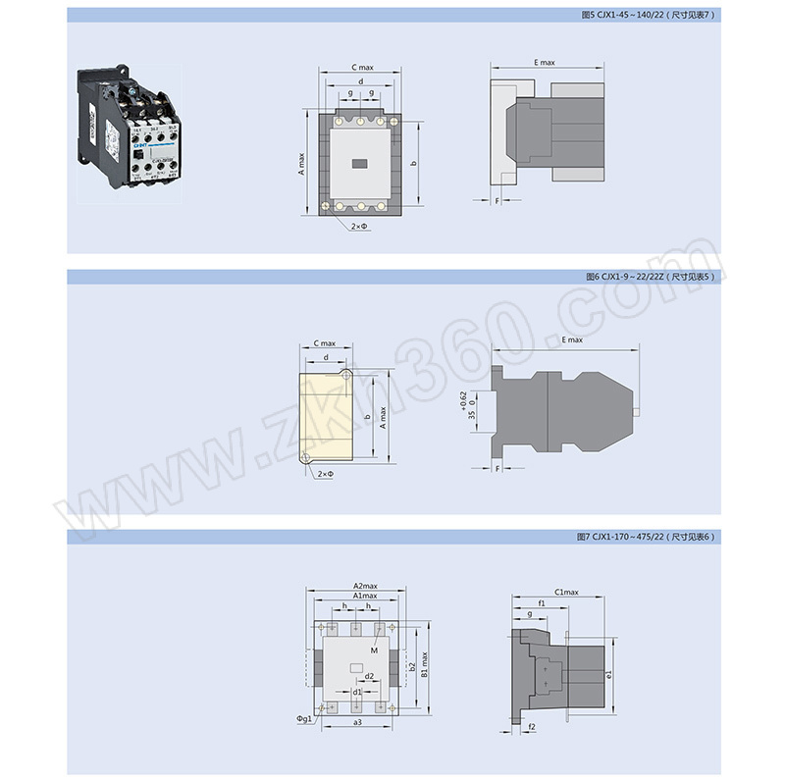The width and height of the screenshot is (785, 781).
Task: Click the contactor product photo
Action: (x=130, y=126)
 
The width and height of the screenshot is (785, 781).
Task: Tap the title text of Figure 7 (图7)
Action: (x=649, y=537)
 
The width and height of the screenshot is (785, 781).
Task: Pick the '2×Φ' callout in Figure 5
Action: (x=359, y=227)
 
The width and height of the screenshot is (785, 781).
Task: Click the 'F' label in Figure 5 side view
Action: (x=497, y=200)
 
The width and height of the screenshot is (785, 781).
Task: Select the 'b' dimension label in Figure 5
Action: (x=415, y=163)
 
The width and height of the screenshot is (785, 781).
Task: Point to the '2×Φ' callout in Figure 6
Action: (x=326, y=474)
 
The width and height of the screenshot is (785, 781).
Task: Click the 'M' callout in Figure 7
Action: (x=376, y=651)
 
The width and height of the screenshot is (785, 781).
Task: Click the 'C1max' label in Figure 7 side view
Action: (x=566, y=593)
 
